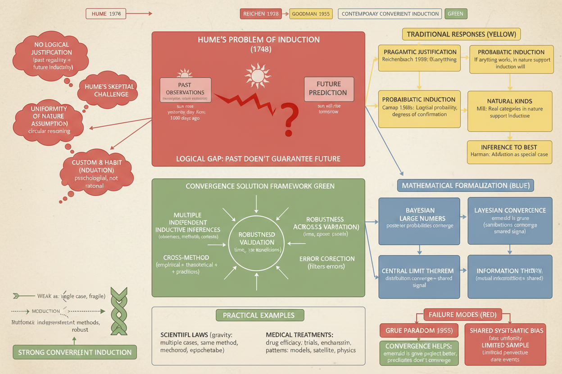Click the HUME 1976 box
point(106,14)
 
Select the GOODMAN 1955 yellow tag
point(311,14)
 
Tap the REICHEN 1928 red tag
point(261,14)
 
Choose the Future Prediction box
point(328,89)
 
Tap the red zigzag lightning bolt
point(245,102)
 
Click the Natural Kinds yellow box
point(509,111)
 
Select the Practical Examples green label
point(260,315)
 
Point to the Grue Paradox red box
point(416,330)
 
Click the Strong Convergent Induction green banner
point(75,352)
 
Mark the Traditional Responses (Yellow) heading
point(461,34)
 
